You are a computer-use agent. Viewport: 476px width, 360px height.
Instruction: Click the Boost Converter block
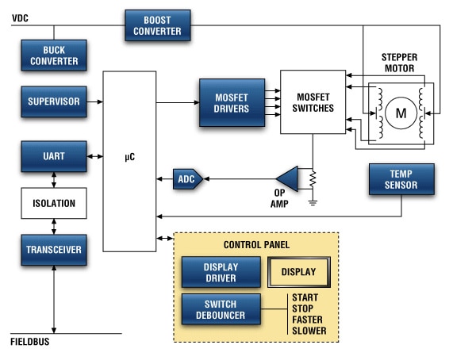pos(158,25)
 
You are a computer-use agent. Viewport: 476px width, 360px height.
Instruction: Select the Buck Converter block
pos(54,55)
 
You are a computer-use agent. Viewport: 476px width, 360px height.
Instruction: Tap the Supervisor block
pos(54,101)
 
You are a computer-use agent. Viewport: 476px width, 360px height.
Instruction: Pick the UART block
pos(54,156)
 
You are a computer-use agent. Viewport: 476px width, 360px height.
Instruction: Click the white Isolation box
pos(54,203)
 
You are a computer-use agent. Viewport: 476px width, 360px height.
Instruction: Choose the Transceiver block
pos(54,249)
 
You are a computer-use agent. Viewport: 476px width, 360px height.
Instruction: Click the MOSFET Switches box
pos(313,102)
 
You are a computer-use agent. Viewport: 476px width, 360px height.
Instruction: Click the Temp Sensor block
pos(401,179)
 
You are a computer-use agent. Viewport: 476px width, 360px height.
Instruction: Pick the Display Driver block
pos(221,272)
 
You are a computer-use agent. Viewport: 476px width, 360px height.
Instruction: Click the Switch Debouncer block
pos(221,309)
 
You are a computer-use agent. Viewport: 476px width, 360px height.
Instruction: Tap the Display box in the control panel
pos(298,272)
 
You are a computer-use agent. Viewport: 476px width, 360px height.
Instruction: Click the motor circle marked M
pos(401,113)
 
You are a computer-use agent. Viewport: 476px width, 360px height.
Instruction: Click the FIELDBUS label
pos(31,343)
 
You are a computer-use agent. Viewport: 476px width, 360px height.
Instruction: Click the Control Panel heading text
pos(256,244)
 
